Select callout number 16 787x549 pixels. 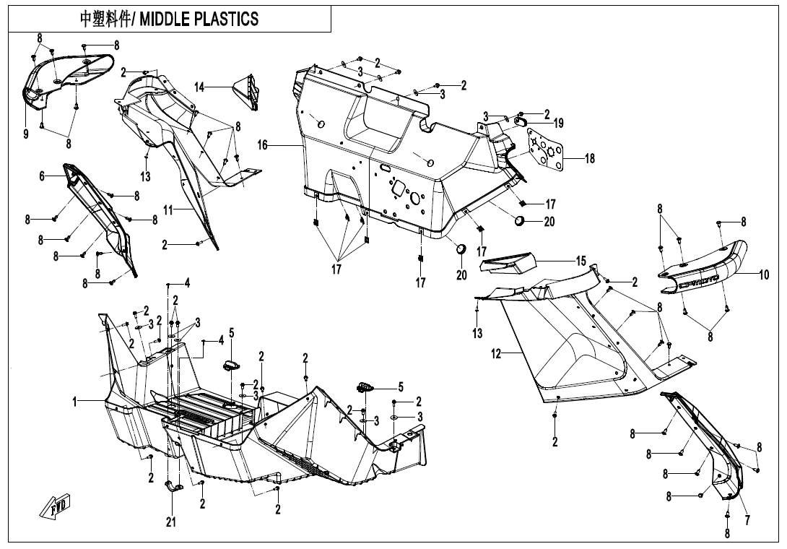(263, 145)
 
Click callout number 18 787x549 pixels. (590, 158)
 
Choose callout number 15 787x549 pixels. (581, 261)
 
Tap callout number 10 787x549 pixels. (765, 274)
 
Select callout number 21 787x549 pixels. (171, 522)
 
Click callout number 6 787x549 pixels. (43, 176)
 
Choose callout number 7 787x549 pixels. (747, 519)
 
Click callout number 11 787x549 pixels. (168, 210)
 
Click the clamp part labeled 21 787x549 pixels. (173, 487)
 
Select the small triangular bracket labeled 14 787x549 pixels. (248, 92)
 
